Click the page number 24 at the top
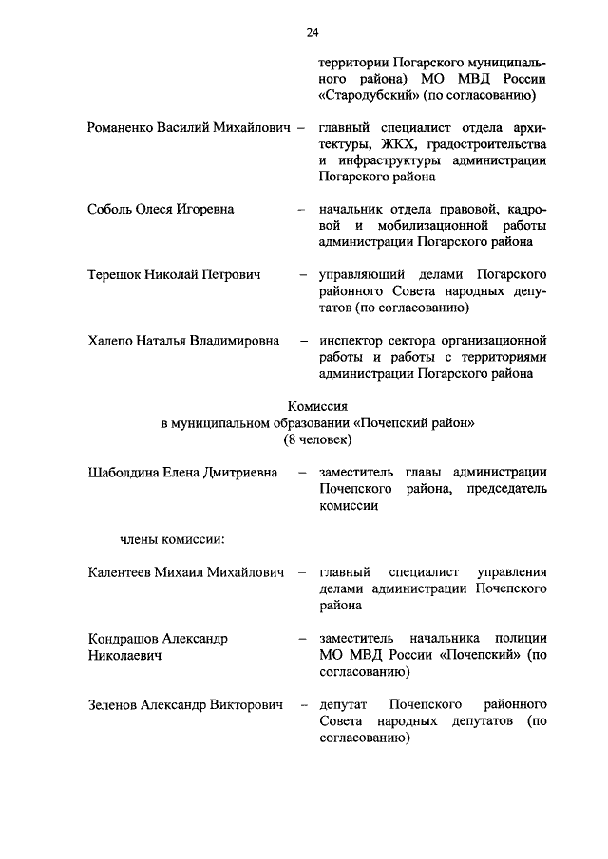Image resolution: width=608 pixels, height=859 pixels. tap(312, 33)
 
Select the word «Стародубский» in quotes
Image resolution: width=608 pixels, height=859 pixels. tap(366, 95)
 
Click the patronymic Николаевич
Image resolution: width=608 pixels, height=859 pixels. tap(123, 655)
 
